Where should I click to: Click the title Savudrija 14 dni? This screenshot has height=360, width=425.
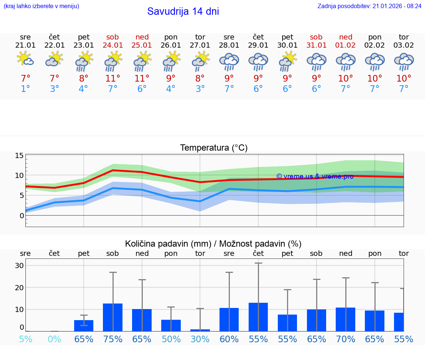pos(183,11)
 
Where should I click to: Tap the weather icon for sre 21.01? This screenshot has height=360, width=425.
pos(25,59)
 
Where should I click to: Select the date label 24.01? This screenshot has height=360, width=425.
pos(113,45)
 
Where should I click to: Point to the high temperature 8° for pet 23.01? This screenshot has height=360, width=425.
pos(84,79)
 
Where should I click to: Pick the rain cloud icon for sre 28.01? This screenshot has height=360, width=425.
pos(229,61)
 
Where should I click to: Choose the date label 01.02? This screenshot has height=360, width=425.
pos(346,45)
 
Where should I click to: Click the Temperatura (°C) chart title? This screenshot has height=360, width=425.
pos(214,148)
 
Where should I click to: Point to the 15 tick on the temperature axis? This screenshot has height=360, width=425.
pos(19,155)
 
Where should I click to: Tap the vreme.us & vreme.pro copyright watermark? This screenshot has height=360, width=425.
pos(315,176)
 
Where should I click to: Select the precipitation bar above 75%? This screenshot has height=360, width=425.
pos(113,317)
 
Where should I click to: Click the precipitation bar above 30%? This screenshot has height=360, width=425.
pos(200,330)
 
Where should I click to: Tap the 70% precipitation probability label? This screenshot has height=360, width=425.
pos(346,339)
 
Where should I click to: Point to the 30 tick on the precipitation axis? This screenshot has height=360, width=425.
pos(19,265)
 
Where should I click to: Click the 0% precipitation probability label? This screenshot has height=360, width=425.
pos(55,339)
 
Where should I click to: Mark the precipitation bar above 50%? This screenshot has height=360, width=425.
pos(171,325)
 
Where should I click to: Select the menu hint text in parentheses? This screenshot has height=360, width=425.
pos(41,6)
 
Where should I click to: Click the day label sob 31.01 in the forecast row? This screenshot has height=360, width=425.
pos(316,37)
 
